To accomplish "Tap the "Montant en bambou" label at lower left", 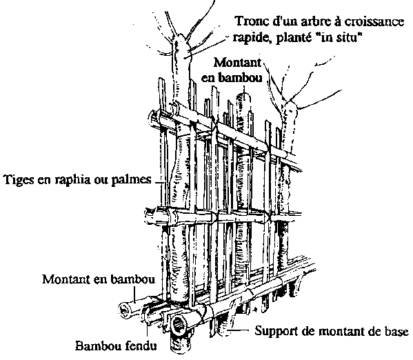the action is coord(99,279).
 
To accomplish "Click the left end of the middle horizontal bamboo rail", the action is coord(149,214).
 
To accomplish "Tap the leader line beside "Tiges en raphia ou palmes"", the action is coord(159,182).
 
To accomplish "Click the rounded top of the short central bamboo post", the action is coord(243,95).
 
